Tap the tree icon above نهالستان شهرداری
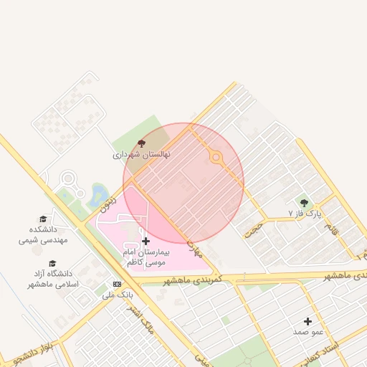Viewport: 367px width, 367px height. (x=140, y=144)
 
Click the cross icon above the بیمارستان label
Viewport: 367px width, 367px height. (x=146, y=242)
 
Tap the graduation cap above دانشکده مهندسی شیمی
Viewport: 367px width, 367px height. (x=43, y=219)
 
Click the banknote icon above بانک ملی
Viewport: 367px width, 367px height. (x=117, y=284)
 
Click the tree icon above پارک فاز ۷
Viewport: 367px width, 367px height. (x=304, y=203)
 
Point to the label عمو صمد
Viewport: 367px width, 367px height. (x=308, y=332)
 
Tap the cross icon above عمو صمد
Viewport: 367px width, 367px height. (x=308, y=322)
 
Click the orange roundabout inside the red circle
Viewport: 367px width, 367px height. (x=216, y=158)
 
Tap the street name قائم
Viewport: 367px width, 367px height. (x=330, y=229)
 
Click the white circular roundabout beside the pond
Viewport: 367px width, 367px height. (x=69, y=179)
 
